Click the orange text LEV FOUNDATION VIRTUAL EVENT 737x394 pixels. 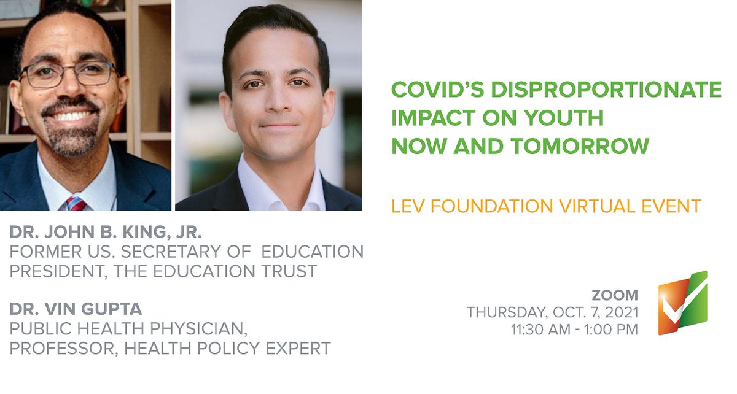click(x=546, y=206)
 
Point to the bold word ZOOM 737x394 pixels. click(x=615, y=295)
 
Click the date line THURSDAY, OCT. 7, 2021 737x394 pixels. click(x=552, y=312)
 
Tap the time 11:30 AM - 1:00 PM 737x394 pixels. click(x=574, y=330)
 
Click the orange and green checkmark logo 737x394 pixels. click(x=682, y=304)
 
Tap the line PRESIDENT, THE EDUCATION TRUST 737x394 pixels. click(x=163, y=271)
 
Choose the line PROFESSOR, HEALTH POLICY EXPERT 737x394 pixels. click(x=170, y=349)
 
